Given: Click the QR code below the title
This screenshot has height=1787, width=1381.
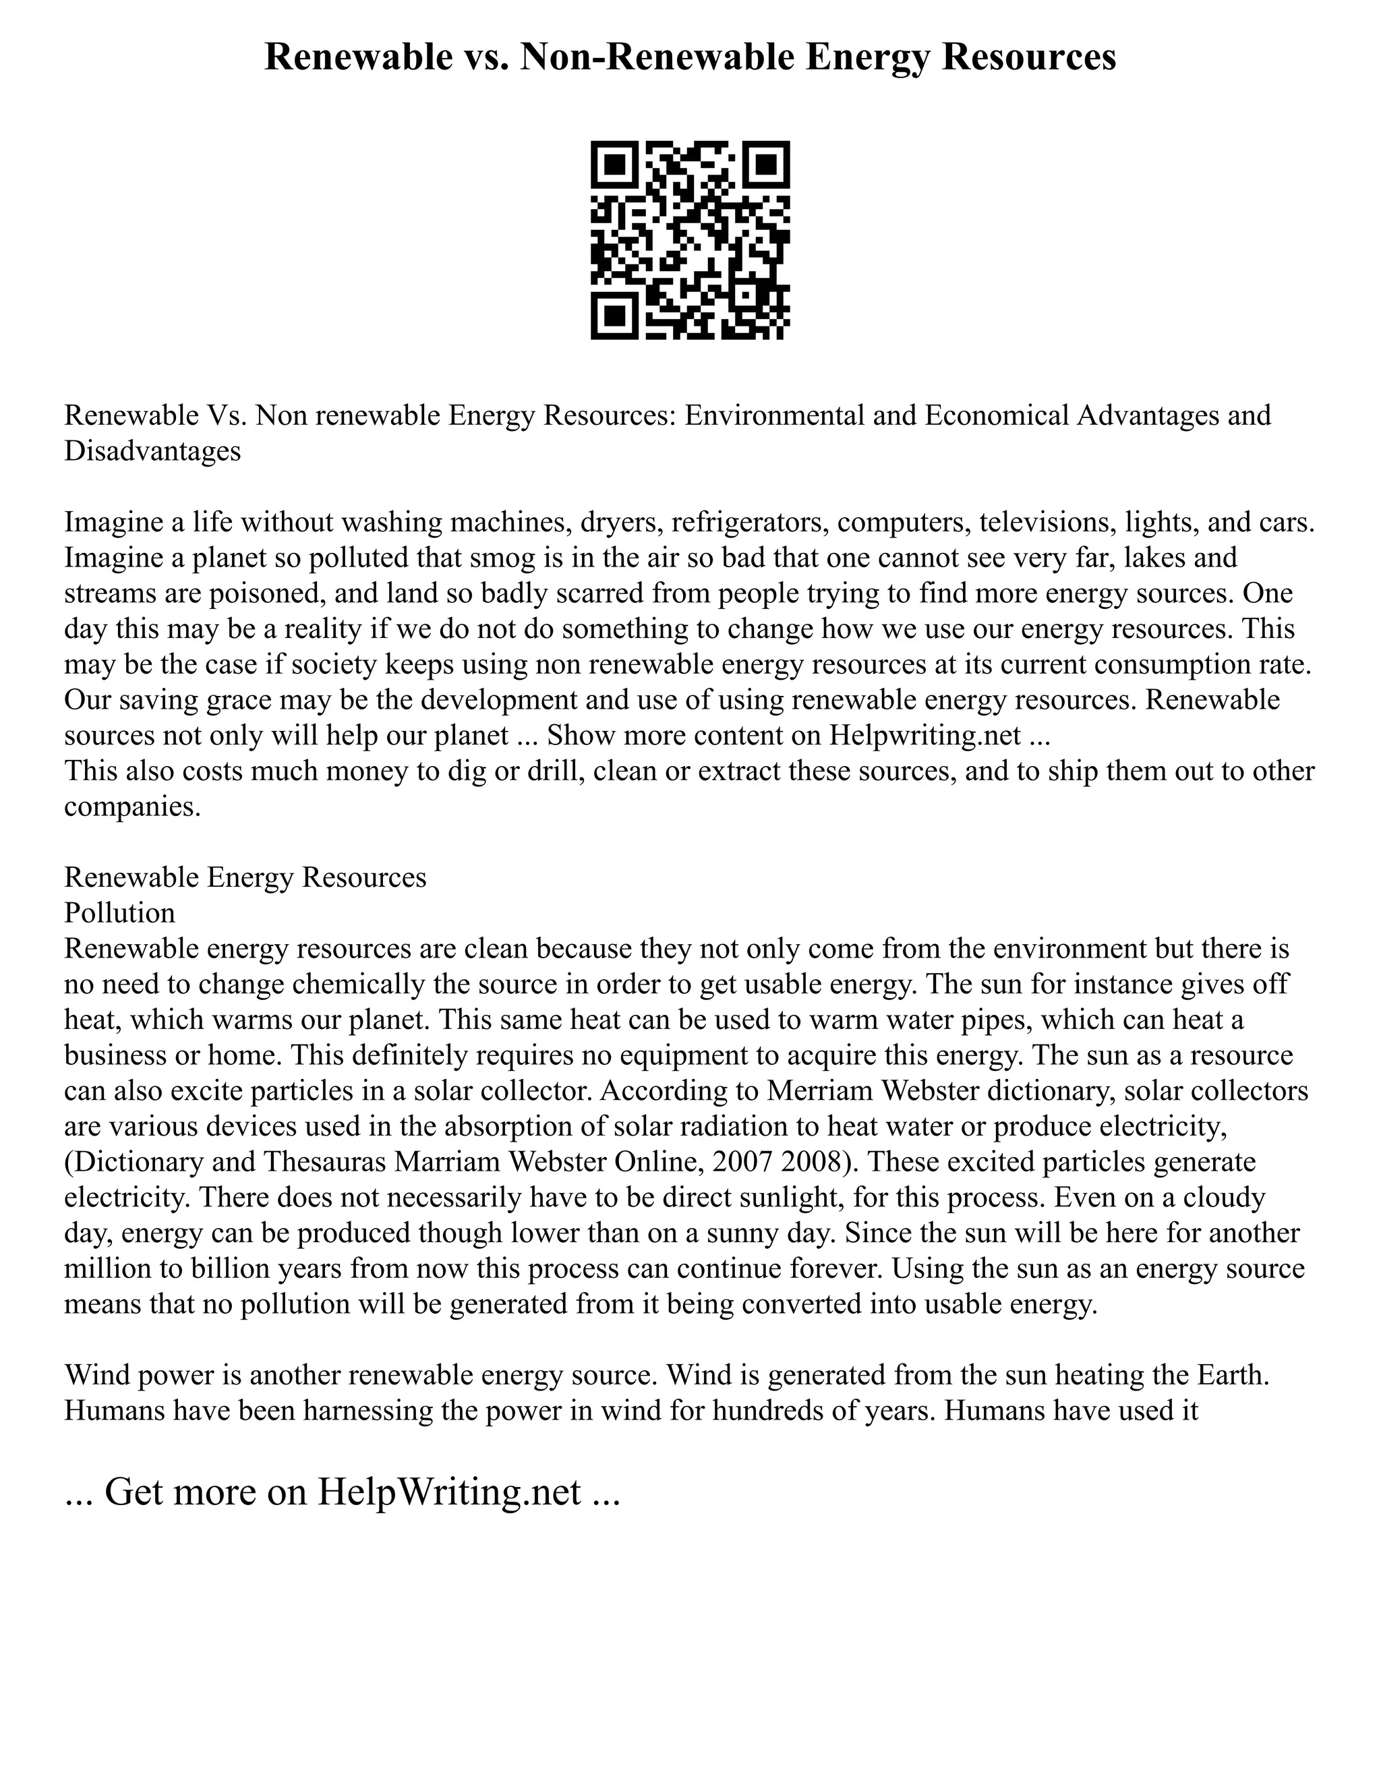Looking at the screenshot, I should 690,240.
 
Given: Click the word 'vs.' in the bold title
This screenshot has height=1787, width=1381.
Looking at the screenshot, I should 481,57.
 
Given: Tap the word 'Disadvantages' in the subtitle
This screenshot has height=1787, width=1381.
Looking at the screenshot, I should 152,451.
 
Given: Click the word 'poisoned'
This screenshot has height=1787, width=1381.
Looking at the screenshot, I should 264,593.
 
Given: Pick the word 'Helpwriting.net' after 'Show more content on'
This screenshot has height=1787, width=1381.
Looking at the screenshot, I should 924,736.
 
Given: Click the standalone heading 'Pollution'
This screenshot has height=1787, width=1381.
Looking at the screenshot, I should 119,913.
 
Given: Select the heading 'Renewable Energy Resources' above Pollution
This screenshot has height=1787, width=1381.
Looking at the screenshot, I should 245,878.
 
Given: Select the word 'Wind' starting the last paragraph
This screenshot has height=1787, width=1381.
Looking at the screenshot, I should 97,1376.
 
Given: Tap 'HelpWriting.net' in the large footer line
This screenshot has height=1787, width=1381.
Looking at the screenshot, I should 448,1492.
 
